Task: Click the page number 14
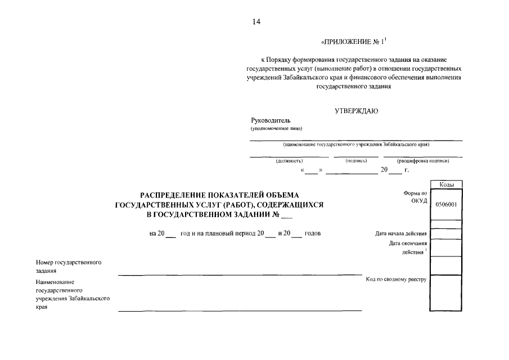tap(256, 22)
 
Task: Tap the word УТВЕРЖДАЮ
tap(356, 111)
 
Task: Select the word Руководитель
tap(271, 120)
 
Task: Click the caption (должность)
tap(289, 161)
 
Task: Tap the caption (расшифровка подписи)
tap(422, 161)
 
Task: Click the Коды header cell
tap(445, 184)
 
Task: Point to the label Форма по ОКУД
tap(416, 197)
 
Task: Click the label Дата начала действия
tap(401, 233)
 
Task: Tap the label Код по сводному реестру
tap(397, 279)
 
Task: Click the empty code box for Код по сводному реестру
tap(445, 292)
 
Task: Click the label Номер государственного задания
tap(68, 266)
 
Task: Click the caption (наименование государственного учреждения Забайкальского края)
tap(357, 145)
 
